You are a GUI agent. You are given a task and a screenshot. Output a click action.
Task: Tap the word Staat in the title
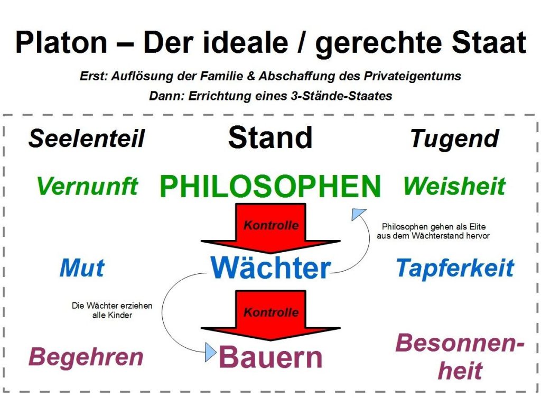click(x=485, y=43)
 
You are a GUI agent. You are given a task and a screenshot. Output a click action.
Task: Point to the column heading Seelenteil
click(x=87, y=139)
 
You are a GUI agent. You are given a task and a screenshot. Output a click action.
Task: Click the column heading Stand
click(x=270, y=137)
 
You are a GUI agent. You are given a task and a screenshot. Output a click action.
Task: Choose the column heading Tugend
click(x=454, y=139)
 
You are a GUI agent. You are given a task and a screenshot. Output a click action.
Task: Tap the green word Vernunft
click(x=88, y=186)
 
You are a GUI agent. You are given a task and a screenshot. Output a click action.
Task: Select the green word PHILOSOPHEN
click(x=270, y=186)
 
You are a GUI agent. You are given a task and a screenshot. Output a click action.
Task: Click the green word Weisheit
click(x=454, y=186)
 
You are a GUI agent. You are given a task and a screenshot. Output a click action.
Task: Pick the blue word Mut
click(x=82, y=268)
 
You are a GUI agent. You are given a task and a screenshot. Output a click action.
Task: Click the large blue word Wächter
click(x=270, y=268)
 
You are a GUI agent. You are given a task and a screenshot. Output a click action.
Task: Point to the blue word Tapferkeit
click(x=455, y=269)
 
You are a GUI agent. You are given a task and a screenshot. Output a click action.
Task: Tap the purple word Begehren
click(x=86, y=357)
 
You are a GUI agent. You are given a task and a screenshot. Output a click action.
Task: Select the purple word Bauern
click(x=270, y=357)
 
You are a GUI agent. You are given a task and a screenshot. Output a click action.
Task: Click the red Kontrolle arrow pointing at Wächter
click(x=271, y=227)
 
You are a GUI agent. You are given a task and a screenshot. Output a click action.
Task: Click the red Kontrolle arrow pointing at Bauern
click(x=271, y=315)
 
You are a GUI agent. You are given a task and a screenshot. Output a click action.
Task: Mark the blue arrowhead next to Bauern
click(x=211, y=351)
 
